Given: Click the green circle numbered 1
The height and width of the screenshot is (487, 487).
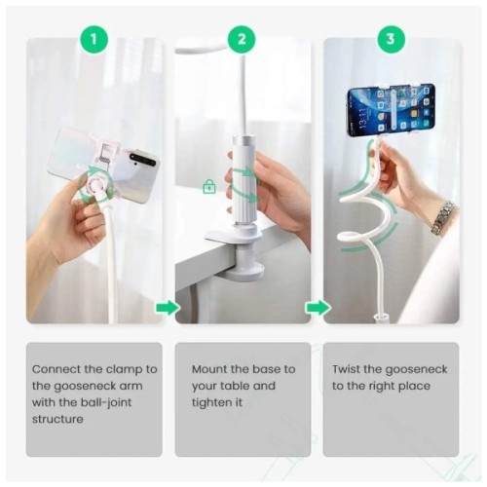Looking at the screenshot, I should [x=94, y=40].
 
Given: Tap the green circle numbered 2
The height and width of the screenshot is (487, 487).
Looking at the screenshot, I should [x=243, y=40].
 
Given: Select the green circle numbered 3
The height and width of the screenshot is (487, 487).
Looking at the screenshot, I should [x=391, y=40].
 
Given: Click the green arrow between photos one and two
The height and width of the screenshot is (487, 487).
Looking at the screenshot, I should [x=169, y=308].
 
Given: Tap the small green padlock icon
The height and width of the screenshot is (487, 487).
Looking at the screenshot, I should [x=208, y=186].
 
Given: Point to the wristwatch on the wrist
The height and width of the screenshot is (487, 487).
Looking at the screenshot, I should [x=443, y=216].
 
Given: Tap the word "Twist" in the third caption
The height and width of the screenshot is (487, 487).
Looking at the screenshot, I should [x=348, y=369].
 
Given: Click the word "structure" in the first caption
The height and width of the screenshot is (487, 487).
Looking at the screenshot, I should [x=60, y=419].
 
